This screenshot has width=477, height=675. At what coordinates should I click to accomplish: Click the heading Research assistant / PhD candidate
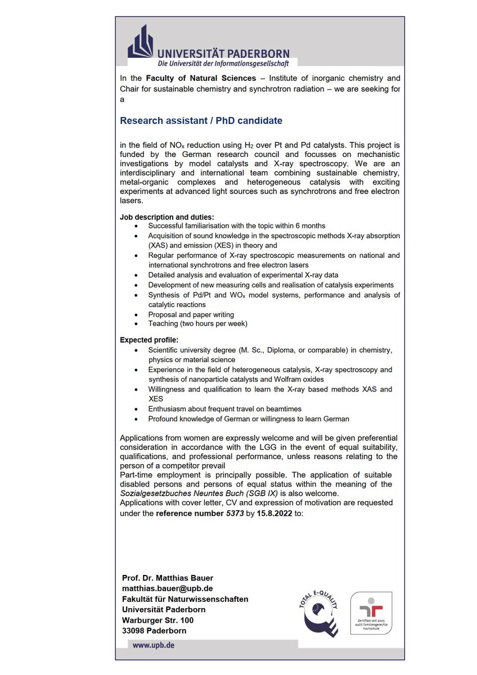pos(201,121)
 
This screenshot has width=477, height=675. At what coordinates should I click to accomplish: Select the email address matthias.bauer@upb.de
pos(167,588)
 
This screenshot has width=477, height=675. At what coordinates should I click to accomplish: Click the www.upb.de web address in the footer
pos(153,645)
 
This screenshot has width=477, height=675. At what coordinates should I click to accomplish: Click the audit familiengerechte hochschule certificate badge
pos(371,613)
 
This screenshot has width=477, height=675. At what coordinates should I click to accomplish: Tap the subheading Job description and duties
pos(166,217)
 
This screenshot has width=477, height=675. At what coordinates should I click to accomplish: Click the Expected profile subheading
pos(148,340)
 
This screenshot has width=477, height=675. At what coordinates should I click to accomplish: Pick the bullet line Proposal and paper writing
pos(191,314)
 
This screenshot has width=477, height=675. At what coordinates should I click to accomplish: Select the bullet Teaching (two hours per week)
pos(197,323)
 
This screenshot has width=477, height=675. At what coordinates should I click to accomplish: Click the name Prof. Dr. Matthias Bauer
pos(167,578)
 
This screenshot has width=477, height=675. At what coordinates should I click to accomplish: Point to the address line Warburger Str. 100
pos(157,620)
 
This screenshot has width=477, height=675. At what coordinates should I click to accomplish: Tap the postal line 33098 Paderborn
pos(154,631)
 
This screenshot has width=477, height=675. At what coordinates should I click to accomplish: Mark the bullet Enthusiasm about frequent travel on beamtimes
pos(224,409)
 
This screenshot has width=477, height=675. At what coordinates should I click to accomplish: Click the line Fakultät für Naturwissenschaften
pos(184,599)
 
